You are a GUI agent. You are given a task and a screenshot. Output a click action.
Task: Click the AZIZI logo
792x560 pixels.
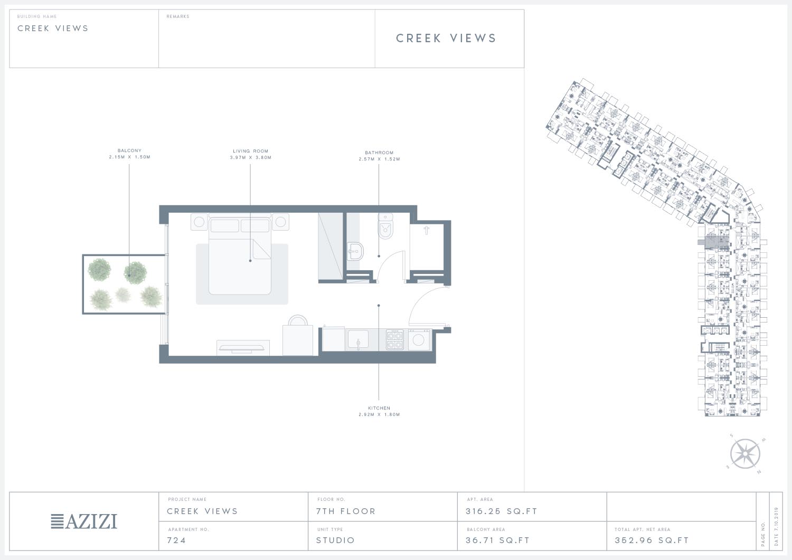coord(84,521)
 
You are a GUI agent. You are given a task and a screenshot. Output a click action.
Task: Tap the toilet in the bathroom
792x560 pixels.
coord(385,226)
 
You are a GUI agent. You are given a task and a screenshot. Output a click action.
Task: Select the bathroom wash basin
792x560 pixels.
coord(355,251)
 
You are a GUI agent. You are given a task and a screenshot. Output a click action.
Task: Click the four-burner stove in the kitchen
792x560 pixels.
coord(394,340)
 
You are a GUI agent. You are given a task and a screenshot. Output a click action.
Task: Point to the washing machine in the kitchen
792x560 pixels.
coord(419,340)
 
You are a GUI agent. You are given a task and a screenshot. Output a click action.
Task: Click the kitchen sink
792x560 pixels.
coord(358,339)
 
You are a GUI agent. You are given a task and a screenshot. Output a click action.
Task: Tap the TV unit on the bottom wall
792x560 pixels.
coord(243,348)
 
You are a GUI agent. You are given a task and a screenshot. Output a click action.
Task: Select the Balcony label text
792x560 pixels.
coord(129,150)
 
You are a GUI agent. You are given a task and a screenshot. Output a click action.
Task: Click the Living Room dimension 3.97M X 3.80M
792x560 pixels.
coord(251,158)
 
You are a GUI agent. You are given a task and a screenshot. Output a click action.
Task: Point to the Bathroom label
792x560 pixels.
coord(379,153)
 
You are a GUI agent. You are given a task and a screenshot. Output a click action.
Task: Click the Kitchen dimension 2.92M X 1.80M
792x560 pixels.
coord(379,414)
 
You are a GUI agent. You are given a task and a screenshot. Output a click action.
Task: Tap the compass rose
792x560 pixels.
coord(745,453)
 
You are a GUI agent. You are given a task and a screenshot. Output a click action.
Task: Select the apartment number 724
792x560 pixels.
coord(176,540)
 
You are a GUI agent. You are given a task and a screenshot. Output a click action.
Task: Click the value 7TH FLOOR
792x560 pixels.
coord(346,511)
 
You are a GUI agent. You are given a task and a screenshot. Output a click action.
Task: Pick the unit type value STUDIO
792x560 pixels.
coord(335,540)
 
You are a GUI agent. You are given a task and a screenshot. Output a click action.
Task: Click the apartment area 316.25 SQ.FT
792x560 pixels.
coord(502,511)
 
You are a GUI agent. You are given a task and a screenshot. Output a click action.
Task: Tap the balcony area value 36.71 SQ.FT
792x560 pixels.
coord(497,540)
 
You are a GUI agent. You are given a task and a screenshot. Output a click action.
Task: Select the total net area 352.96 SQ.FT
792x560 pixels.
coord(652,540)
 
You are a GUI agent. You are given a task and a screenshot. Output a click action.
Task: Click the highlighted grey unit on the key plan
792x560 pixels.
coord(716,242)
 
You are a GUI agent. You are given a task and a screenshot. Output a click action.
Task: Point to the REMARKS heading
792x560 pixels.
coord(178,16)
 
